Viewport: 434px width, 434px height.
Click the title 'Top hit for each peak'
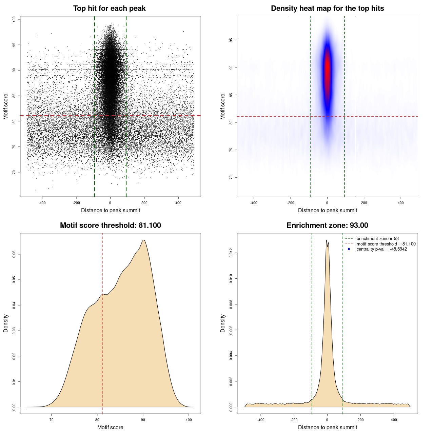(109, 8)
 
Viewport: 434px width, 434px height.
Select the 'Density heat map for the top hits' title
(327, 8)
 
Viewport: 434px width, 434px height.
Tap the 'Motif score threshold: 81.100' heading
(110, 225)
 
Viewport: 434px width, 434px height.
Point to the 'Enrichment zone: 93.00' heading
(327, 225)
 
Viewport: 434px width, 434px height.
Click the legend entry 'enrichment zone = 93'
(377, 239)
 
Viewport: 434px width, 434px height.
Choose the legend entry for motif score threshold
(386, 244)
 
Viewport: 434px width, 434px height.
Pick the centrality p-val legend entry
(381, 249)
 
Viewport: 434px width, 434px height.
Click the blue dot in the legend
(349, 249)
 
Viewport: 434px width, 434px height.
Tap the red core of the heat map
(327, 68)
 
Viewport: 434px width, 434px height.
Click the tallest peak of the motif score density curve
(144, 240)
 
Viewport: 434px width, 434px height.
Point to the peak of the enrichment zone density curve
(327, 240)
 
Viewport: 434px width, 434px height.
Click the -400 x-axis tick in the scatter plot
(42, 203)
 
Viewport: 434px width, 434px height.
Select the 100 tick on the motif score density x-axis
(189, 420)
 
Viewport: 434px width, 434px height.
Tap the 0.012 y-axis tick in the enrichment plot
(231, 253)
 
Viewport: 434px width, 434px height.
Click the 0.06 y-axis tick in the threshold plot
(14, 254)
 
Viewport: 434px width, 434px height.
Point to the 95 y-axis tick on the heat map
(231, 40)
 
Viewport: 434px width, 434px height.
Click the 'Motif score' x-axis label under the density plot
(110, 427)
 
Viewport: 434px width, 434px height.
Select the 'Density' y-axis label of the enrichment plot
(223, 323)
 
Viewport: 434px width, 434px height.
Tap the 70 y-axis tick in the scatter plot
(14, 172)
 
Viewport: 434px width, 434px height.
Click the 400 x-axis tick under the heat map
(401, 203)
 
